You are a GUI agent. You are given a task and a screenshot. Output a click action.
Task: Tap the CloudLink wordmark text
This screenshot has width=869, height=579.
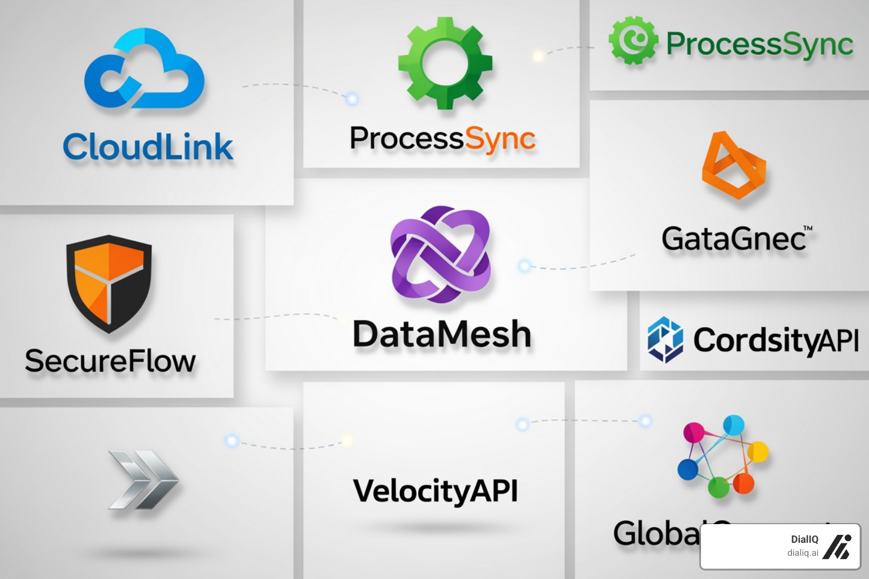coord(148,147)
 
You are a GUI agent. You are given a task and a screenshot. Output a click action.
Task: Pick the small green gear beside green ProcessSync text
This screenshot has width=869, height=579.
coord(633,40)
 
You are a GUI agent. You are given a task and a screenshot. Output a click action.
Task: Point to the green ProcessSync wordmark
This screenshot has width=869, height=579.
coord(759,44)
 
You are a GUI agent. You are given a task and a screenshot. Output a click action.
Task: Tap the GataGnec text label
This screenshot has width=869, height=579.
coord(733,239)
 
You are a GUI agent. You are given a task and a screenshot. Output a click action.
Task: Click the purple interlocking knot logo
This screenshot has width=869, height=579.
coord(440,254)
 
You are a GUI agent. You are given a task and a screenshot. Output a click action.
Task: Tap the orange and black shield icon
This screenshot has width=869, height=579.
coord(109,283)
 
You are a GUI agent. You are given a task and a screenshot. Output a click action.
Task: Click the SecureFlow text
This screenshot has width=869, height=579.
coord(110,361)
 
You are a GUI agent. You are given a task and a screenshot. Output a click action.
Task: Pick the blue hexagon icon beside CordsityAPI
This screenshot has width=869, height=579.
coord(665,339)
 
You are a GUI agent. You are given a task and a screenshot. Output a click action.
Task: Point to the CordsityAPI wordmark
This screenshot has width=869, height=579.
coord(776,340)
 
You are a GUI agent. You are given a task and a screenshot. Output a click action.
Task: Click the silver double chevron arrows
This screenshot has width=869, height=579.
coord(143,479)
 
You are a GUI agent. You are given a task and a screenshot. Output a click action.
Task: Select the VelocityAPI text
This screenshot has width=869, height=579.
coord(435,490)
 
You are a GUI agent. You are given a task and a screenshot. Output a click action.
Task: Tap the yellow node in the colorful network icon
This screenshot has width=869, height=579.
coord(758,452)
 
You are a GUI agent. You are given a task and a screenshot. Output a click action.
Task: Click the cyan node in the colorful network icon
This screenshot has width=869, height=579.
coord(733,425)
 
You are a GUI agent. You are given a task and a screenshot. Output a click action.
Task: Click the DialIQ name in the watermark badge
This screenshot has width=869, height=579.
coord(804,539)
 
